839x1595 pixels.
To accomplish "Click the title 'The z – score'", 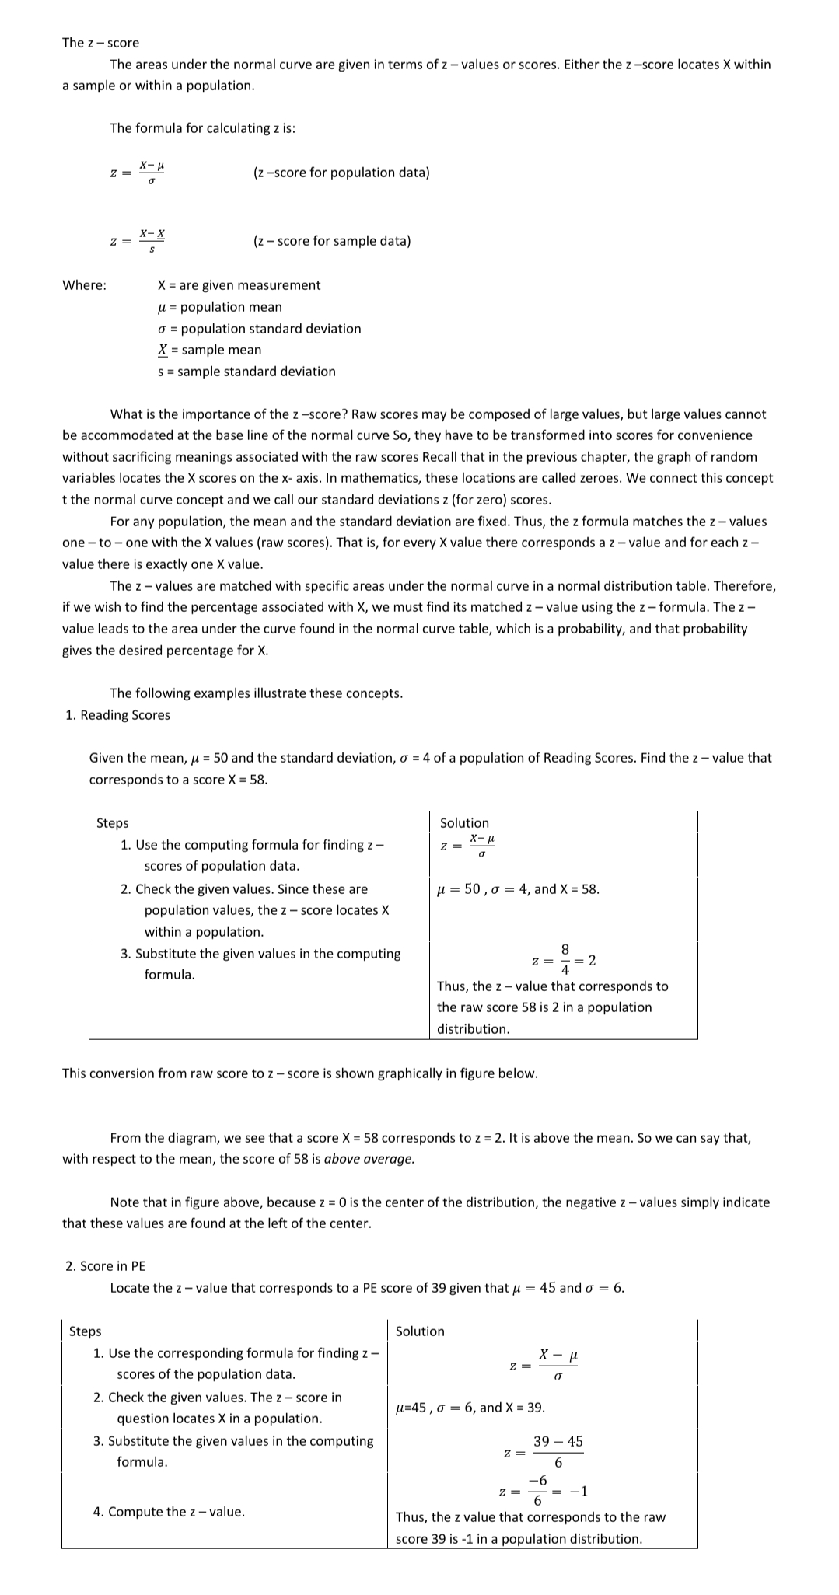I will [x=100, y=43].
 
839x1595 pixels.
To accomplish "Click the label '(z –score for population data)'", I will [x=341, y=173].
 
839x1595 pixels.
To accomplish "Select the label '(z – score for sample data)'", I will [x=332, y=241].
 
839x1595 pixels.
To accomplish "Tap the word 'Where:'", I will [x=84, y=285].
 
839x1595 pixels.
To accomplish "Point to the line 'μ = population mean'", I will [x=219, y=307].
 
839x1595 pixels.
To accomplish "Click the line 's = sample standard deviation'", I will [x=246, y=372].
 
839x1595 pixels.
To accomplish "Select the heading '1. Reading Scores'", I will [x=117, y=715].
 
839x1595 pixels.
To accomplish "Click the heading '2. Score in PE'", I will [x=105, y=1266].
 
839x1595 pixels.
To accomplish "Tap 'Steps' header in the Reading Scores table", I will [x=113, y=823].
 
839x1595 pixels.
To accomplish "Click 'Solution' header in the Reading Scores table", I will [x=464, y=823].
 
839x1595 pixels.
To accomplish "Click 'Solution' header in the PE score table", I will [x=420, y=1331].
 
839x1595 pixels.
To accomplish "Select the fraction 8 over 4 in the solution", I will [x=565, y=960].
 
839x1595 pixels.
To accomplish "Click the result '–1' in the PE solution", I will [x=579, y=1492].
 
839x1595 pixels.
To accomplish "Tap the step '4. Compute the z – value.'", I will [x=169, y=1512].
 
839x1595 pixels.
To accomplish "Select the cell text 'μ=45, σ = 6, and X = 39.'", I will [x=470, y=1408].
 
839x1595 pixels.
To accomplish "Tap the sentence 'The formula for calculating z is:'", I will [x=202, y=128].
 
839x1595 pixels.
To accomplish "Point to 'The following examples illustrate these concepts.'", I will [x=257, y=693].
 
